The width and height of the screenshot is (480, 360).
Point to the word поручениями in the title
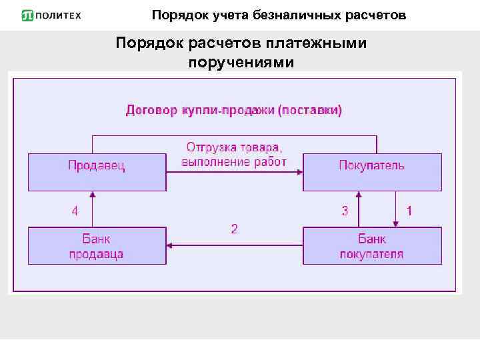pos(241,62)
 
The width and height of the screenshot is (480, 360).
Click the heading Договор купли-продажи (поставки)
pos(234,110)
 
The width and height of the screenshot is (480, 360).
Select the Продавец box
pos(97,172)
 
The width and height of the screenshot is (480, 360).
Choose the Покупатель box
pos(372,172)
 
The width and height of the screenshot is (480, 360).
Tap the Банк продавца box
pos(97,246)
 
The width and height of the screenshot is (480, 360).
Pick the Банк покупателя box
pos(372,246)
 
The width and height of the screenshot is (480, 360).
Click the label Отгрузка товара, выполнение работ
pos(234,154)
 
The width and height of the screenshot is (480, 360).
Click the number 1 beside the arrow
pos(409,211)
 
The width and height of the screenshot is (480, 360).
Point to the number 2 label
pos(234,229)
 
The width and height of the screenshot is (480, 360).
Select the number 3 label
pos(345,211)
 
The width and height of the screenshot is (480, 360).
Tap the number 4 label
pos(75,211)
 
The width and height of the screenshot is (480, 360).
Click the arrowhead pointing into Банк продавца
pos(171,245)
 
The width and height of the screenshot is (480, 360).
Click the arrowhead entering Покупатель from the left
pos(299,172)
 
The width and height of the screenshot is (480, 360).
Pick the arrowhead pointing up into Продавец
pos(93,195)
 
